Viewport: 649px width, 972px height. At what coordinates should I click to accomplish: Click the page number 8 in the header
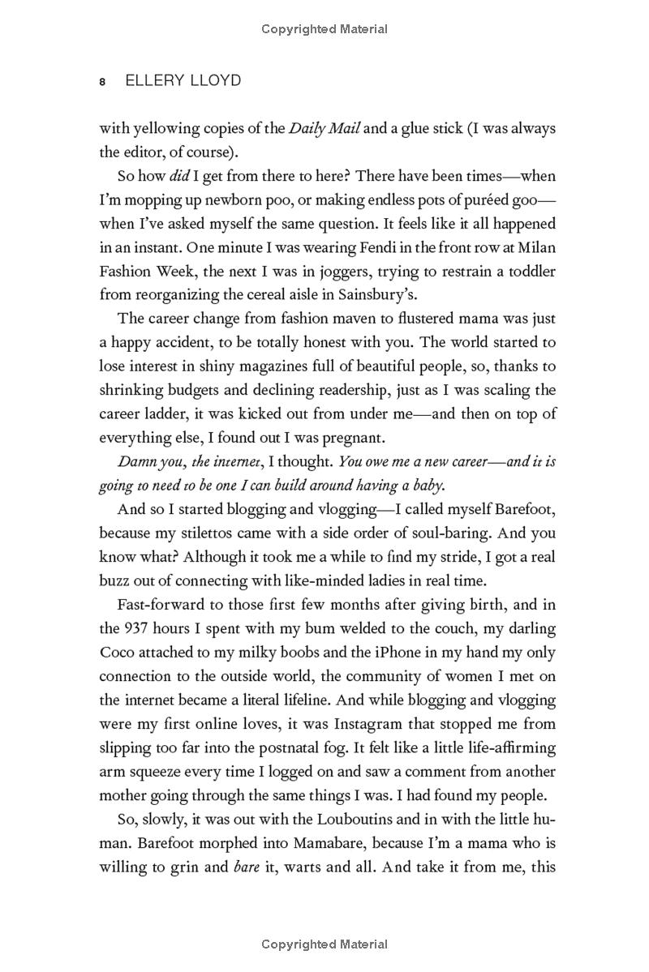[x=102, y=83]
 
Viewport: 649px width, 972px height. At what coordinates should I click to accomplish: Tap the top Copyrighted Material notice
[x=324, y=29]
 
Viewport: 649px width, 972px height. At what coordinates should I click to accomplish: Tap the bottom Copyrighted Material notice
[x=324, y=944]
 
